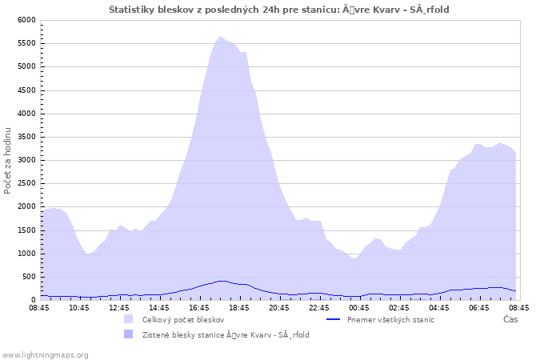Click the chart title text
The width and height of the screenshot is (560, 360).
[279, 10]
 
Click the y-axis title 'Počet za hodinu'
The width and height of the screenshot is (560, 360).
[7, 161]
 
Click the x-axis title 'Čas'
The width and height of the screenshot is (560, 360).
[510, 319]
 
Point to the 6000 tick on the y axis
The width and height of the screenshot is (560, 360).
[26, 20]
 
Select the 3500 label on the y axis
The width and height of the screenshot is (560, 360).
[26, 137]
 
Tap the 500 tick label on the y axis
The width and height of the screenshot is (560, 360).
[29, 277]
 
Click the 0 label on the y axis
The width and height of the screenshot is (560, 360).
[34, 300]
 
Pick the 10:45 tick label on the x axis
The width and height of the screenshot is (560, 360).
[79, 308]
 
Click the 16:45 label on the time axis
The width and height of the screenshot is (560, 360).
[199, 308]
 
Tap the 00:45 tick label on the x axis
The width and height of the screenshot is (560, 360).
[359, 308]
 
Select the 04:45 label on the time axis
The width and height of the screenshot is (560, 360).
[439, 308]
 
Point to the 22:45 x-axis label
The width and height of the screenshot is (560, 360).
[319, 308]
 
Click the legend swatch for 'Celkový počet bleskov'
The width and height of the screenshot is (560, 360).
[128, 319]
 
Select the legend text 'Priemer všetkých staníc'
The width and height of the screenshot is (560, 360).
[390, 320]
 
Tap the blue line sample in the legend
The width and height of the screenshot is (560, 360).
[334, 319]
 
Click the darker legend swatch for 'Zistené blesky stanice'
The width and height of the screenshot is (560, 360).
[128, 334]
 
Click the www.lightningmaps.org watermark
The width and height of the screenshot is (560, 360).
[45, 355]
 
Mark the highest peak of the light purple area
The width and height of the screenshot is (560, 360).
[220, 37]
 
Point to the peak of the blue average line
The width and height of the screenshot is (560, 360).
[222, 281]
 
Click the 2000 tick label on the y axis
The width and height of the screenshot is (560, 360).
[26, 206]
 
